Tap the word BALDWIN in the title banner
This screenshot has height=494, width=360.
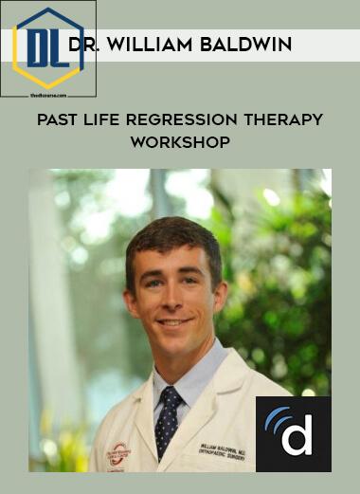[250, 45]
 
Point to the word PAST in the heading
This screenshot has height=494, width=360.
[58, 120]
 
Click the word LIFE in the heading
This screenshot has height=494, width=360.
[108, 120]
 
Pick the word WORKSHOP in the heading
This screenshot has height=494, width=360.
[180, 143]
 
